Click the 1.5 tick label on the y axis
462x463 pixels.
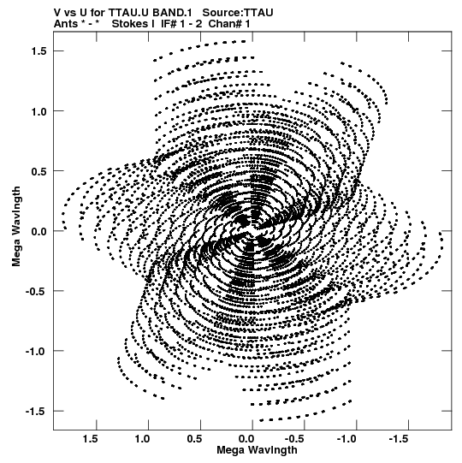click(38, 51)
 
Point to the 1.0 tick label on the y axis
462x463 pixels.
click(38, 111)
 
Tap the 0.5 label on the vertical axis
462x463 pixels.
click(38, 171)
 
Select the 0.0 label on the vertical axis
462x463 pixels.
click(38, 231)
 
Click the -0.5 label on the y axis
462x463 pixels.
click(36, 291)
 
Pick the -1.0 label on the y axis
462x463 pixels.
click(36, 352)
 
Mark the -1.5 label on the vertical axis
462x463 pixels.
click(36, 412)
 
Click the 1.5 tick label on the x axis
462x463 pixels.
click(91, 439)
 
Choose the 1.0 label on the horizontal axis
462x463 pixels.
click(142, 439)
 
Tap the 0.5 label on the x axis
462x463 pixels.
click(194, 439)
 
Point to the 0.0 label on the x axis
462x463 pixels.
click(246, 439)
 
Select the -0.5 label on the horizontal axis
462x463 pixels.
click(296, 439)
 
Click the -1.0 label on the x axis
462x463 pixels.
click(347, 439)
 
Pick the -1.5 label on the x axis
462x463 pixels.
click(400, 439)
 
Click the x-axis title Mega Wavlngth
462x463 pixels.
click(257, 450)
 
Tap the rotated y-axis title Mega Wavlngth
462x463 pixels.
click(16, 227)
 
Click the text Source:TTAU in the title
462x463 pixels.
click(238, 13)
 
